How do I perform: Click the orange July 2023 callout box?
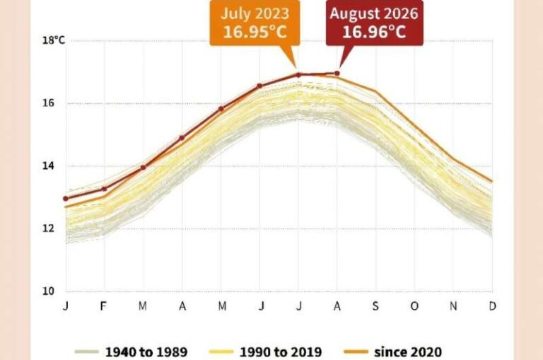click(255, 23)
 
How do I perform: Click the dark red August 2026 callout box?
click(374, 23)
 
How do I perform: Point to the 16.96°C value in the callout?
click(374, 32)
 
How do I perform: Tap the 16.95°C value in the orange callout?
click(255, 32)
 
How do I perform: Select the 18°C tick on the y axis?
click(53, 40)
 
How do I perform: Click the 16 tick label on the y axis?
click(48, 103)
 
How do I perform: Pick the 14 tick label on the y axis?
click(48, 166)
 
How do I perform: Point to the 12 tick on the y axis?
click(48, 228)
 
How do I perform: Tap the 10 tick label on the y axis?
click(48, 291)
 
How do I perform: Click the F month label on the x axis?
click(103, 306)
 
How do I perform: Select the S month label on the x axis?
click(375, 306)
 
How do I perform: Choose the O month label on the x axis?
click(414, 306)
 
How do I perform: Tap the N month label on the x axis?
click(453, 306)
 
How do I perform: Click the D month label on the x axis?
click(492, 306)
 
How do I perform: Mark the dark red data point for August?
click(337, 74)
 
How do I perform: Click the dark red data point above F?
click(104, 189)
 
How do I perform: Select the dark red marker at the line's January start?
click(66, 199)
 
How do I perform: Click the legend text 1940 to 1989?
click(146, 352)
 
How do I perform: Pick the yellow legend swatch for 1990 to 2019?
click(221, 352)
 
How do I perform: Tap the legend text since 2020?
click(408, 352)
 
